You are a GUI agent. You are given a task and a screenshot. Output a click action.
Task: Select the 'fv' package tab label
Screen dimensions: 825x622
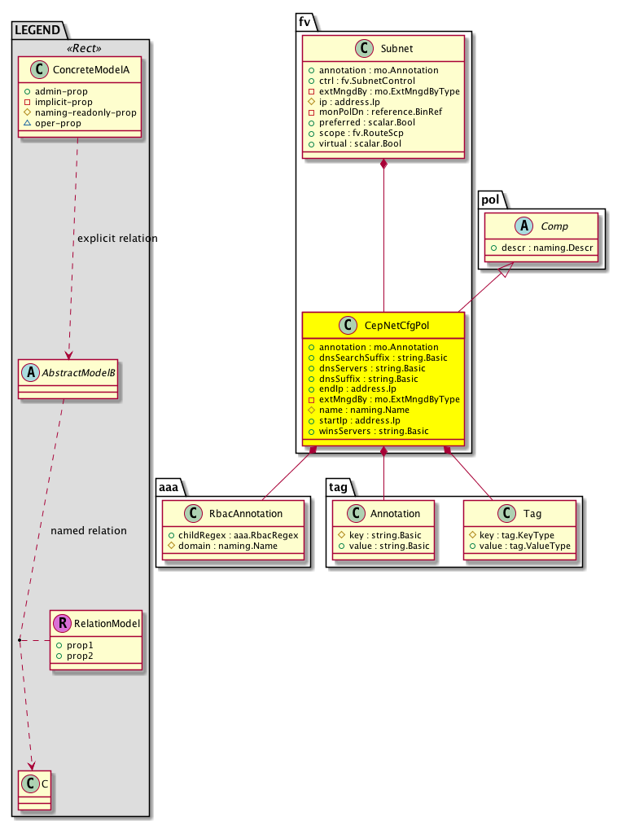[304, 21]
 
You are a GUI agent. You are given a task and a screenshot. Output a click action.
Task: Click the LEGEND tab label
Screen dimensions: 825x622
[37, 30]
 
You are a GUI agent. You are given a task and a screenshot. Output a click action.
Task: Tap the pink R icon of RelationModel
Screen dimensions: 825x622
[64, 624]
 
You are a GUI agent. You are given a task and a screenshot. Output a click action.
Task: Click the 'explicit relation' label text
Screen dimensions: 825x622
[117, 239]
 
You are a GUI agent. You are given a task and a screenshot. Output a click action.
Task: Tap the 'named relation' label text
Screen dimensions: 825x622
[89, 531]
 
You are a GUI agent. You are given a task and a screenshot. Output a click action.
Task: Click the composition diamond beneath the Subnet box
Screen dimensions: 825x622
[384, 165]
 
